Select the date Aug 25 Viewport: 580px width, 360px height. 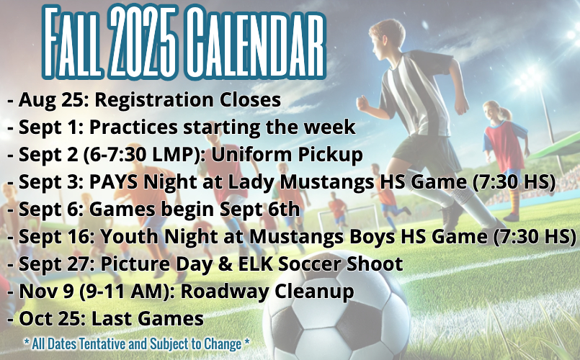click(51, 100)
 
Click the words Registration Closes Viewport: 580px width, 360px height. click(188, 100)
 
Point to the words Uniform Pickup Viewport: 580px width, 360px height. click(287, 155)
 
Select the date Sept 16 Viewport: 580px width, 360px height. click(54, 236)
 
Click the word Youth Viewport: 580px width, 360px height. click(130, 236)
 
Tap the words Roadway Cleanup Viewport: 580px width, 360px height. click(267, 292)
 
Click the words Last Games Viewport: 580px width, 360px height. click(147, 319)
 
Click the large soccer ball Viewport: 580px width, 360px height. click(336, 307)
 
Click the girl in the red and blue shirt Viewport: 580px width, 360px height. click(505, 159)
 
